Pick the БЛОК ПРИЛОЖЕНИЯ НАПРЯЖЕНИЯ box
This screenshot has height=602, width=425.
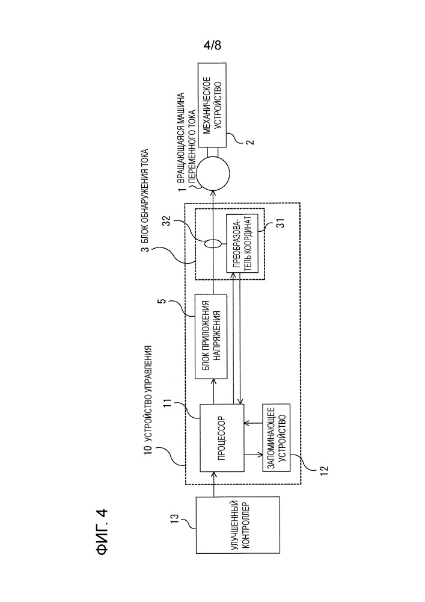(212, 336)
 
